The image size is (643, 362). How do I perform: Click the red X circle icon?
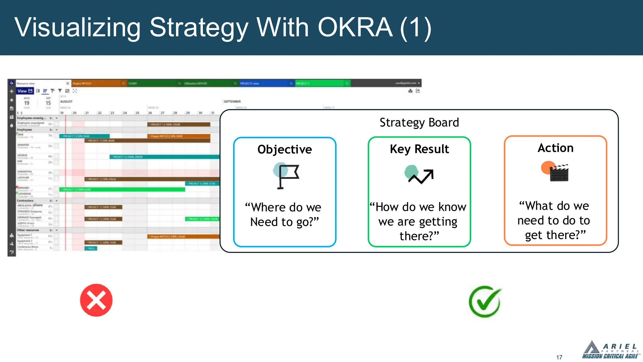point(96,300)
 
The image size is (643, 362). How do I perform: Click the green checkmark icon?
point(485,302)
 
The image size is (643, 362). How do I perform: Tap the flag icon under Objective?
point(286,176)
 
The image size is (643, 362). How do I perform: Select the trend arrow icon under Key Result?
point(419,175)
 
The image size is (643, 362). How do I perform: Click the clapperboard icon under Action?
point(556,172)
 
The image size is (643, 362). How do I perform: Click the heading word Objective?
point(284,150)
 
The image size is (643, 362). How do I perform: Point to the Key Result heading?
point(419,149)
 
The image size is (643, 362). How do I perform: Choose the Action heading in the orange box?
point(555,148)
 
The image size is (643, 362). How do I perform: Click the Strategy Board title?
point(419,123)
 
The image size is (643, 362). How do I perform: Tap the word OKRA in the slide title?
point(355,28)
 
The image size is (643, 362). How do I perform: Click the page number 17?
point(559,357)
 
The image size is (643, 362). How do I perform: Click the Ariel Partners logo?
point(610,350)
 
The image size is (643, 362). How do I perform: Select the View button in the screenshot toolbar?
point(24,91)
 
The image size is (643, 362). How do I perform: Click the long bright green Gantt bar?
point(122,189)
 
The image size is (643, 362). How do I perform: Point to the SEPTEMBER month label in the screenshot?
point(232,101)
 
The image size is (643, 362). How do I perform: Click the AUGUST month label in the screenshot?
point(66,101)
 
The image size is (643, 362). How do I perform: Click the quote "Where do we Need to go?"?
point(284,215)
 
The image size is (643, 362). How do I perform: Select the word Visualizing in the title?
point(77,28)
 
